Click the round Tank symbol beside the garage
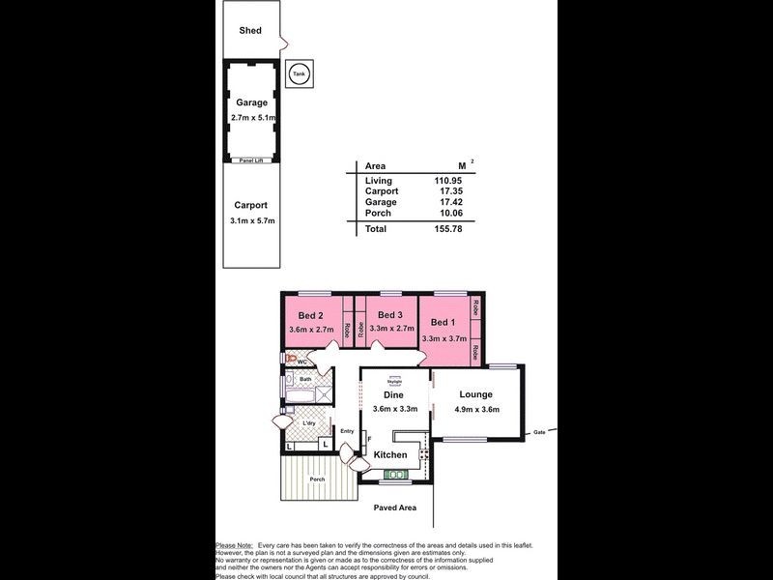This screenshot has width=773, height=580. [300, 74]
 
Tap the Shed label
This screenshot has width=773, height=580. [250, 31]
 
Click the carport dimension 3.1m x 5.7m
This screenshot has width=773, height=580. [251, 221]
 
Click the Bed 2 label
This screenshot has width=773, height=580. [310, 315]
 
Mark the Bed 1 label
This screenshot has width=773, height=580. [443, 322]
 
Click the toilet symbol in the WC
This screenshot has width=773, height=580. [286, 358]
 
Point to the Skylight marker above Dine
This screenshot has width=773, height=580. [394, 380]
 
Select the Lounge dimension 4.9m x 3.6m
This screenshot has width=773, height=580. [476, 409]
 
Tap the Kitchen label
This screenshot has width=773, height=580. [390, 454]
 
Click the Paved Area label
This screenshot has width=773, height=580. [395, 507]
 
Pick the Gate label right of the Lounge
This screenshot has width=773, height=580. [540, 432]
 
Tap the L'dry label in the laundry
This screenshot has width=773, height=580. [309, 423]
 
